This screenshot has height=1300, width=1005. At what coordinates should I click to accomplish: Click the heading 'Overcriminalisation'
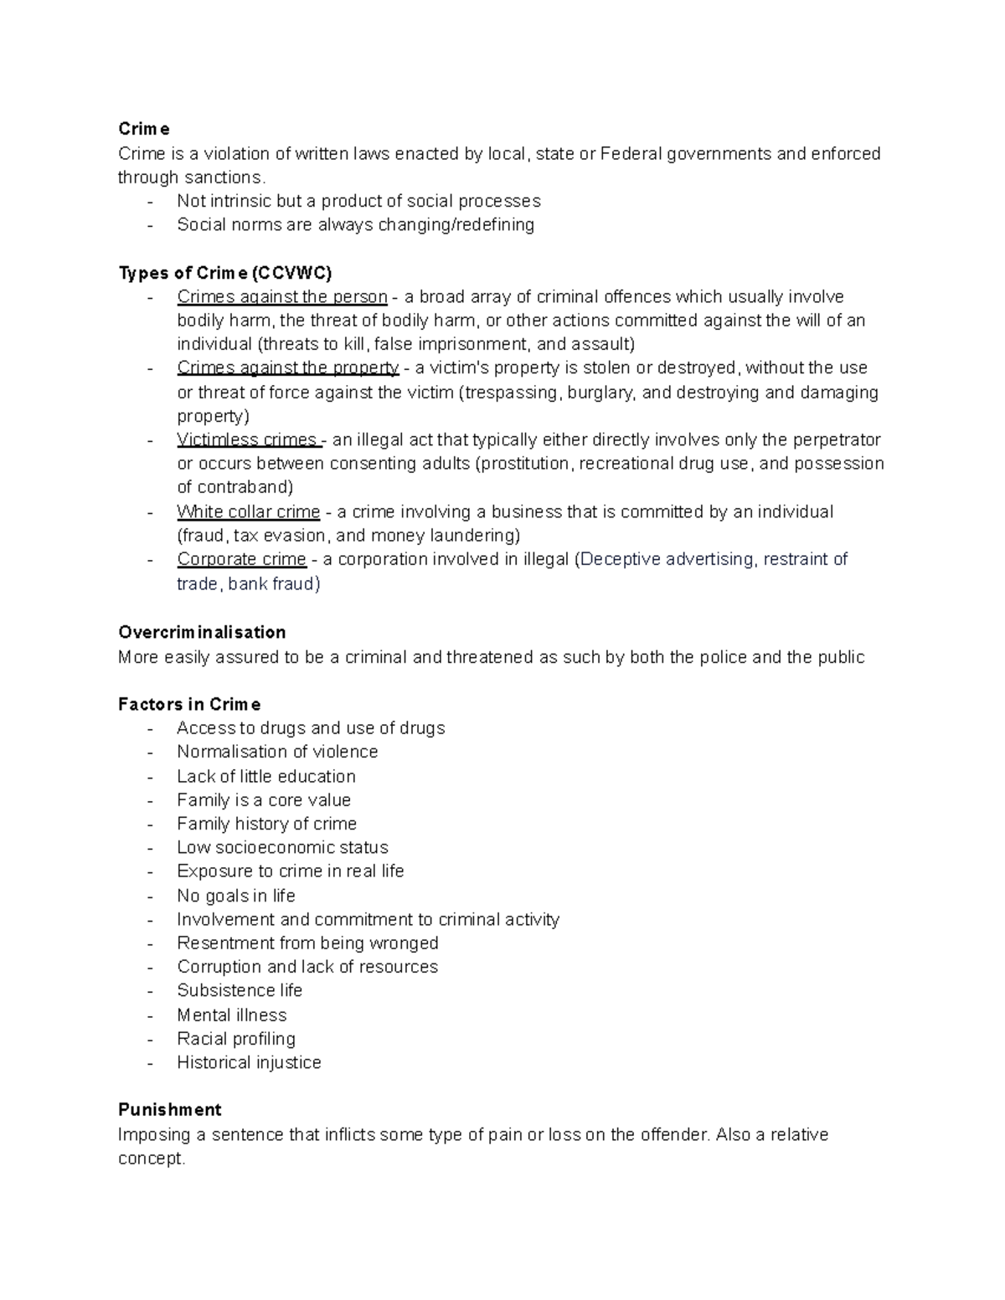click(x=202, y=632)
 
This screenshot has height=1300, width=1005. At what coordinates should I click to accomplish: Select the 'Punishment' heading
click(x=170, y=1110)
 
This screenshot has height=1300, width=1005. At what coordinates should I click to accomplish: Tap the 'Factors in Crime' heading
click(x=189, y=704)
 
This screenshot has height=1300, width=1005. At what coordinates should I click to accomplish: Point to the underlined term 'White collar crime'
click(x=248, y=512)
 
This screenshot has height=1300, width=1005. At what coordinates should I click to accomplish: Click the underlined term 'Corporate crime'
click(x=241, y=559)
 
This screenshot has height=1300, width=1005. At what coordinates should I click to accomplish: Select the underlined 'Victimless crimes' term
click(x=247, y=440)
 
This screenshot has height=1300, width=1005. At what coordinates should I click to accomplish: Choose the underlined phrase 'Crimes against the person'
click(x=281, y=297)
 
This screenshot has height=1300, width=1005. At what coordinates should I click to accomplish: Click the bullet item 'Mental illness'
click(x=231, y=1015)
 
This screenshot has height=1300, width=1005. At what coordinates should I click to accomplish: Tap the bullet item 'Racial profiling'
click(x=236, y=1039)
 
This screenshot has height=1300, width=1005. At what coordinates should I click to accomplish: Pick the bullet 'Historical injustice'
click(x=249, y=1063)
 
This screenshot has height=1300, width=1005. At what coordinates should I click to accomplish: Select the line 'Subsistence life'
click(x=240, y=990)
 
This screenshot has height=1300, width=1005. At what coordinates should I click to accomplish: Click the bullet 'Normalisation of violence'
click(x=277, y=752)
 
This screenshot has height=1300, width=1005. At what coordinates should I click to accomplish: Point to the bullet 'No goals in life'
click(x=236, y=896)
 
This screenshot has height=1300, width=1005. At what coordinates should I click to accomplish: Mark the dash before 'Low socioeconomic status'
click(x=150, y=848)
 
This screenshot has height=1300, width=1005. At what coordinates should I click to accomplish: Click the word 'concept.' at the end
click(x=152, y=1159)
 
